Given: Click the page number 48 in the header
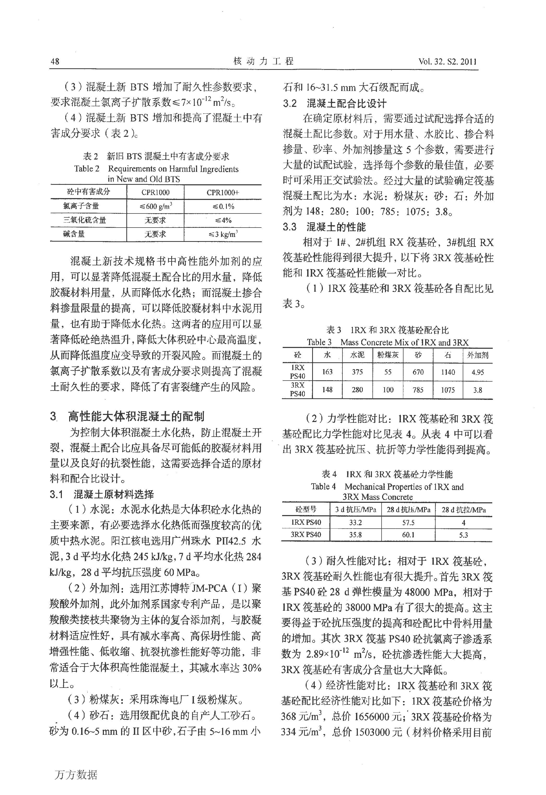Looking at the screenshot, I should coord(55,62).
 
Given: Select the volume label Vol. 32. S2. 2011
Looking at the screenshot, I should coord(447,62).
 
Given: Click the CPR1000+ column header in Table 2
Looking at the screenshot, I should coord(223,193).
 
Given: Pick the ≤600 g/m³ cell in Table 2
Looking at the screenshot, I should coord(156,206).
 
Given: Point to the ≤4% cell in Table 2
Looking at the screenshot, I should coord(223,220).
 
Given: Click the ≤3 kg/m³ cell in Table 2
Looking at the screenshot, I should coord(223,234).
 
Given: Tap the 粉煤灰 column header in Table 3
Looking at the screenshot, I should coord(388,355).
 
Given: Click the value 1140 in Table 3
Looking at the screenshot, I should coord(448,372).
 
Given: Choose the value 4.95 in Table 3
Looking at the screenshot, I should coord(478,372).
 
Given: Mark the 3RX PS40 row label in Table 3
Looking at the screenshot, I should coord(297,389).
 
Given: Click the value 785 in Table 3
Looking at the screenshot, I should coord(418,390).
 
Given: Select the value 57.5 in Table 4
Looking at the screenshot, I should coord(408,523).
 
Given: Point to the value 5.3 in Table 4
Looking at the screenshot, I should coord(464,535).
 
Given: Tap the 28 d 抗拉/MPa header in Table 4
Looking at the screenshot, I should coord(464,510).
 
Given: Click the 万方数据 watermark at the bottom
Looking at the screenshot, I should coord(76,774).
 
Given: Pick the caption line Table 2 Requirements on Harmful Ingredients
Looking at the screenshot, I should coord(156,169).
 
